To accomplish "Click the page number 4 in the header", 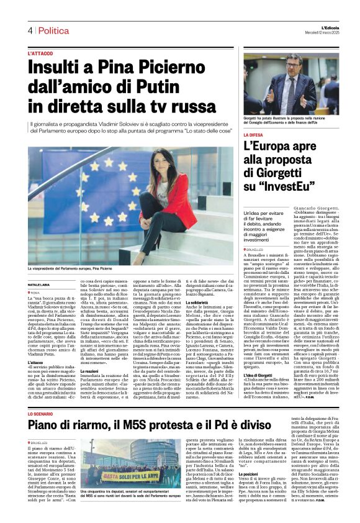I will pyautogui.click(x=29, y=30).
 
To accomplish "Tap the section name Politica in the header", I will pyautogui.click(x=53, y=30).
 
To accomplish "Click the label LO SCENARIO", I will pyautogui.click(x=41, y=413).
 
